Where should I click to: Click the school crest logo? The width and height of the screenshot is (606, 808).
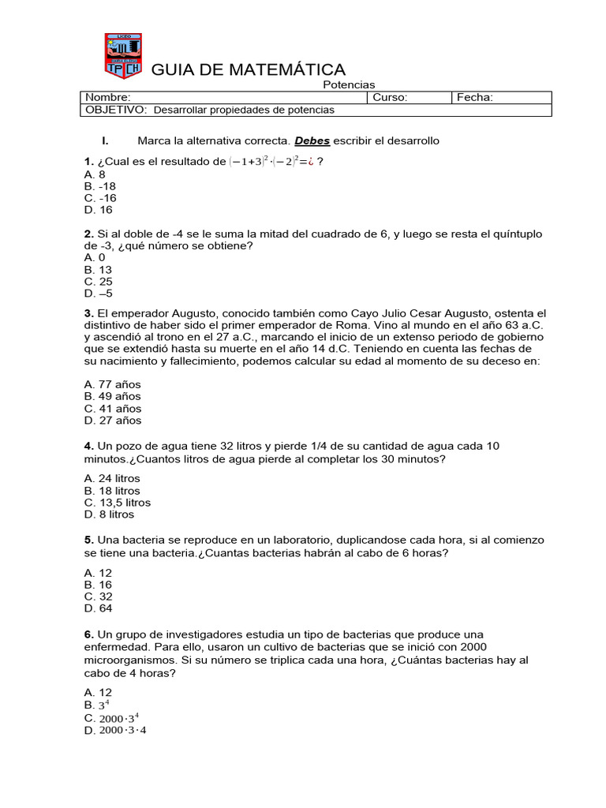122,55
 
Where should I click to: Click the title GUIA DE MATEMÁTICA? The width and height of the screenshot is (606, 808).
248,70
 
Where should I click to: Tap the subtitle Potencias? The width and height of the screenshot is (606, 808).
350,84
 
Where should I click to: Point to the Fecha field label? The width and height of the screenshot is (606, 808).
475,97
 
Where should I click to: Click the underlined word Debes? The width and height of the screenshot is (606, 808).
312,140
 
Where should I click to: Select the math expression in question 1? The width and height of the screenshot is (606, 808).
269,162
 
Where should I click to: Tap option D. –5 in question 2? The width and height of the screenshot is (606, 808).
98,294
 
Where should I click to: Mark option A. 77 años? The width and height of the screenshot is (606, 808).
112,384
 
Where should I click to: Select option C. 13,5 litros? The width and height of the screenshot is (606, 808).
117,502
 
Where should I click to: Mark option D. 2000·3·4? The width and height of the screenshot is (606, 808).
115,730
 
